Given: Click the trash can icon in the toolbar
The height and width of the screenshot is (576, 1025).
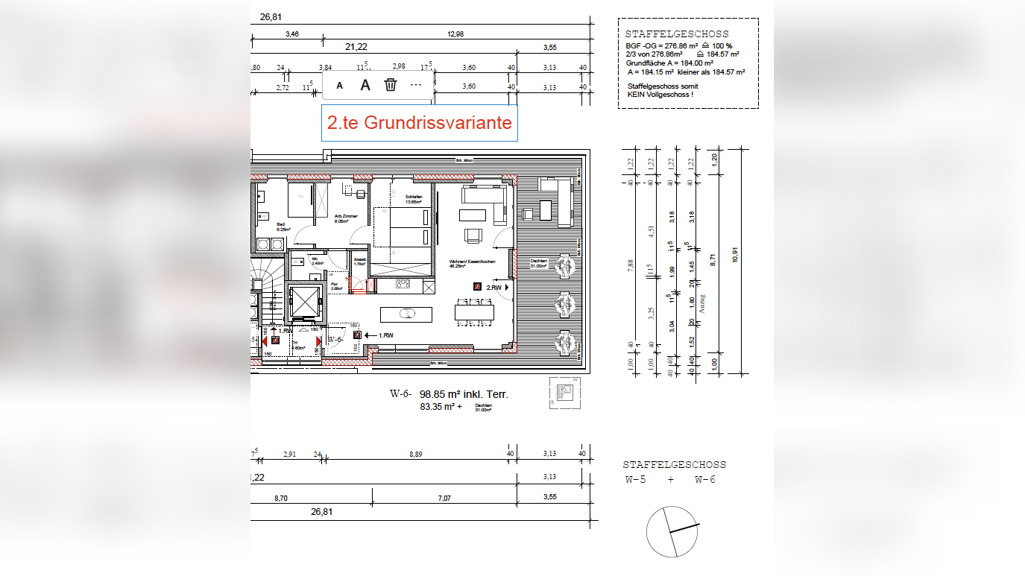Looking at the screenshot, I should click(x=390, y=85).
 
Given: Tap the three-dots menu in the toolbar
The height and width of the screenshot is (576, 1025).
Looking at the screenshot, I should click(x=416, y=85).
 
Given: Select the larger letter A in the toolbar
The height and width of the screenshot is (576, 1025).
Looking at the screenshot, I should click(x=365, y=85).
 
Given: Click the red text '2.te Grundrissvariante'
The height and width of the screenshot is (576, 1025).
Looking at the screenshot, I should click(x=420, y=123).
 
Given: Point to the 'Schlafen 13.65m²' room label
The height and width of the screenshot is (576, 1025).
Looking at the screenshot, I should click(x=414, y=199).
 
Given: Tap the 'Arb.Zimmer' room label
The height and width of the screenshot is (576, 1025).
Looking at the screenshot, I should click(x=346, y=218).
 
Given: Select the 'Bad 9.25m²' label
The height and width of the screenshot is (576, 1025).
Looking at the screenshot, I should click(x=281, y=227).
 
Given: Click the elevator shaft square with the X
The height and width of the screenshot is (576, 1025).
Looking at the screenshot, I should click(x=305, y=300).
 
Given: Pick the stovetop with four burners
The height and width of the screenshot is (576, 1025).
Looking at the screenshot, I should click(x=403, y=284).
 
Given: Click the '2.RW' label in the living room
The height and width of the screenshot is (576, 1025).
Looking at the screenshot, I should click(x=493, y=287).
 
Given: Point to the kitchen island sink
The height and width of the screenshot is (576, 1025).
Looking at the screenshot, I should click(x=407, y=313).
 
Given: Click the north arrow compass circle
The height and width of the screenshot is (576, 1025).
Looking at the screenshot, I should click(x=672, y=531).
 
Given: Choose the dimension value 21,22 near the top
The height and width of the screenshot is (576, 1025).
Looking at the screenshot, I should click(x=356, y=47).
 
